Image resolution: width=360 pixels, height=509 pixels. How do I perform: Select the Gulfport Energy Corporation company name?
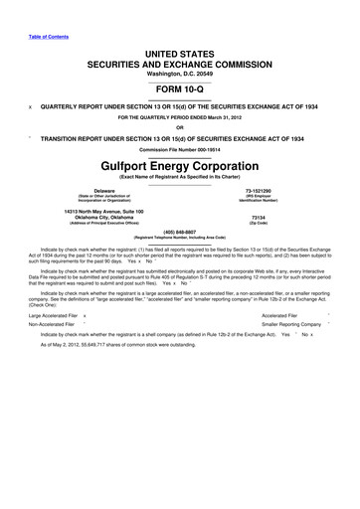click(x=180, y=163)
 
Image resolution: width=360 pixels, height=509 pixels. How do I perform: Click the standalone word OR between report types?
click(x=180, y=125)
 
